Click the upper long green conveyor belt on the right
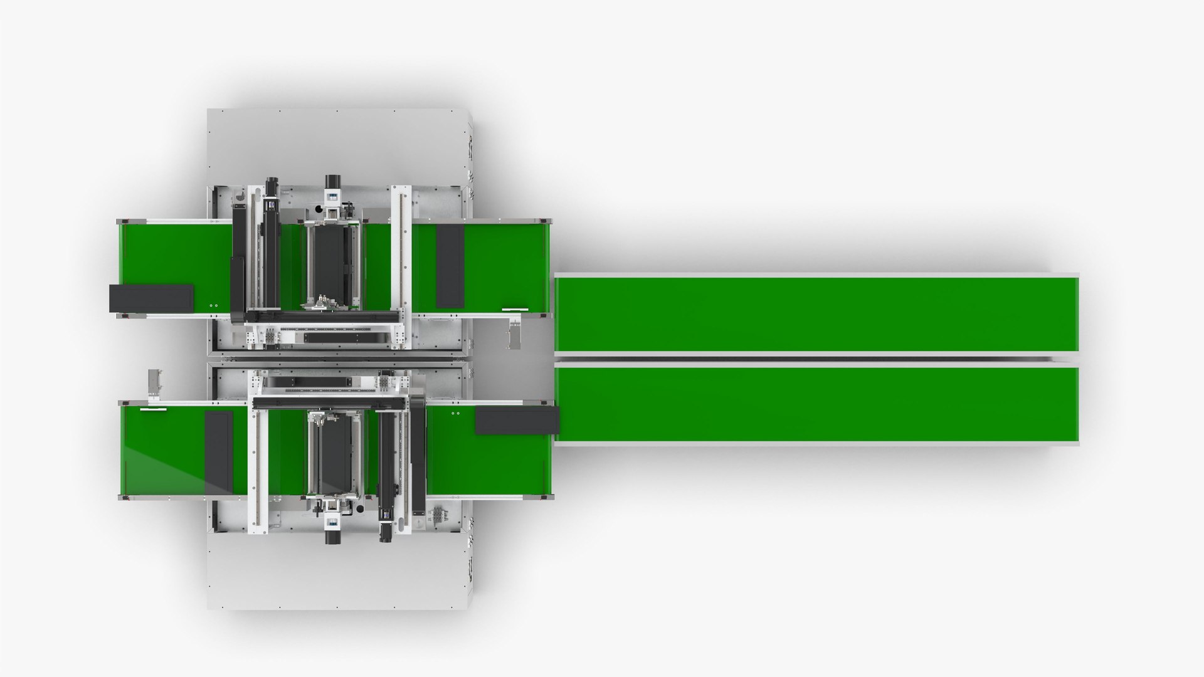point(815,313)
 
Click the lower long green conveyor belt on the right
point(815,404)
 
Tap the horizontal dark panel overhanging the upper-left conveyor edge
point(151,298)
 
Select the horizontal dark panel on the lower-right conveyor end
point(517,420)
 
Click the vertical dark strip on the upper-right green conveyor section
point(450,266)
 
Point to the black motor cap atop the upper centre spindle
point(332,182)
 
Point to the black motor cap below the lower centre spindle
point(332,537)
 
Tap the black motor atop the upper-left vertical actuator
point(272,186)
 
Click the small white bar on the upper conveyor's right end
point(515,309)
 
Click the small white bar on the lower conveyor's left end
point(154,409)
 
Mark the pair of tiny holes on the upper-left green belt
point(213,305)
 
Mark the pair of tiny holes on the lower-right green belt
point(455,413)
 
